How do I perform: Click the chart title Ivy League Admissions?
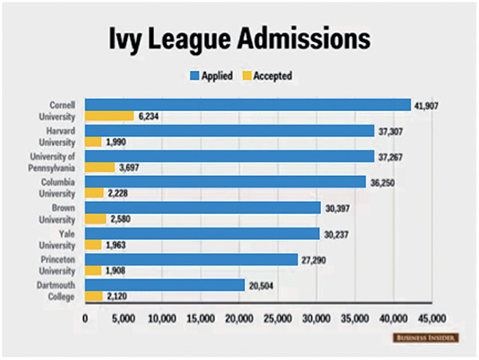point(239,39)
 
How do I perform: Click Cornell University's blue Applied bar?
point(247,105)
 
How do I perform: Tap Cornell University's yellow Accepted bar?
point(109,117)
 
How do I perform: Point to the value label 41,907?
point(427,105)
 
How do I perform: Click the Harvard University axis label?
point(61,136)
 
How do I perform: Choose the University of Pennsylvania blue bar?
point(229,156)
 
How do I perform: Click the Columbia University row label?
point(61,187)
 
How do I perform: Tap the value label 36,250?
point(382,182)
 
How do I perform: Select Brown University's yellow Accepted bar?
point(96,219)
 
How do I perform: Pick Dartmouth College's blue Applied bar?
point(165,284)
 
